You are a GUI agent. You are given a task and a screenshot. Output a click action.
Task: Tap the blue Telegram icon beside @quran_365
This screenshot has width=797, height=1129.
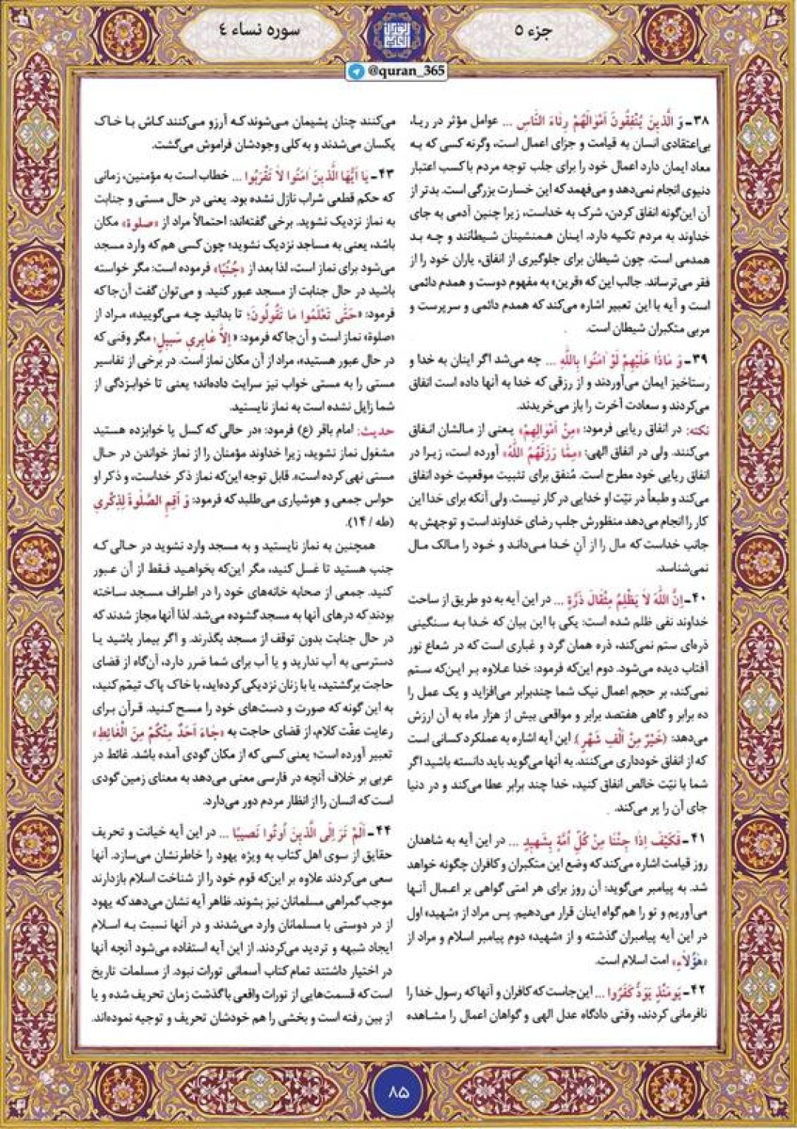356,72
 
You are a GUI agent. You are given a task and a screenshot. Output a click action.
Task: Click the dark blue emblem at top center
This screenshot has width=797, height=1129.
398,33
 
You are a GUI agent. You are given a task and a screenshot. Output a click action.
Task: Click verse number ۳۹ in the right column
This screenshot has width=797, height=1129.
699,360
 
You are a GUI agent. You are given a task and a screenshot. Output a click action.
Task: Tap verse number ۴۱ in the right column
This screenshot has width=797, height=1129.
698,840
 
